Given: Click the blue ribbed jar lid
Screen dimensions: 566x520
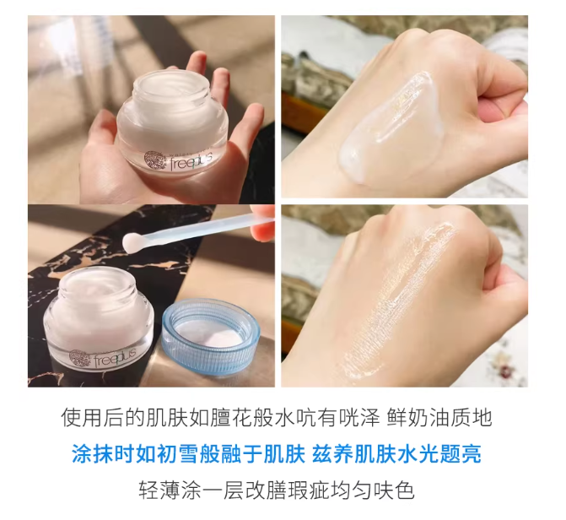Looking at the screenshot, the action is point(211,338).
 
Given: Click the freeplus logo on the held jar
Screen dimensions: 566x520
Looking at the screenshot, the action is point(180,160).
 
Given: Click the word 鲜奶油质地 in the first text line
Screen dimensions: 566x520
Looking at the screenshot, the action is point(439,419).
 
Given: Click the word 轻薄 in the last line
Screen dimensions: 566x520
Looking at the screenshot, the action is point(159,490).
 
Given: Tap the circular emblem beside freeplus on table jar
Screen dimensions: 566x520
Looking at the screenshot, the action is point(78,359).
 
